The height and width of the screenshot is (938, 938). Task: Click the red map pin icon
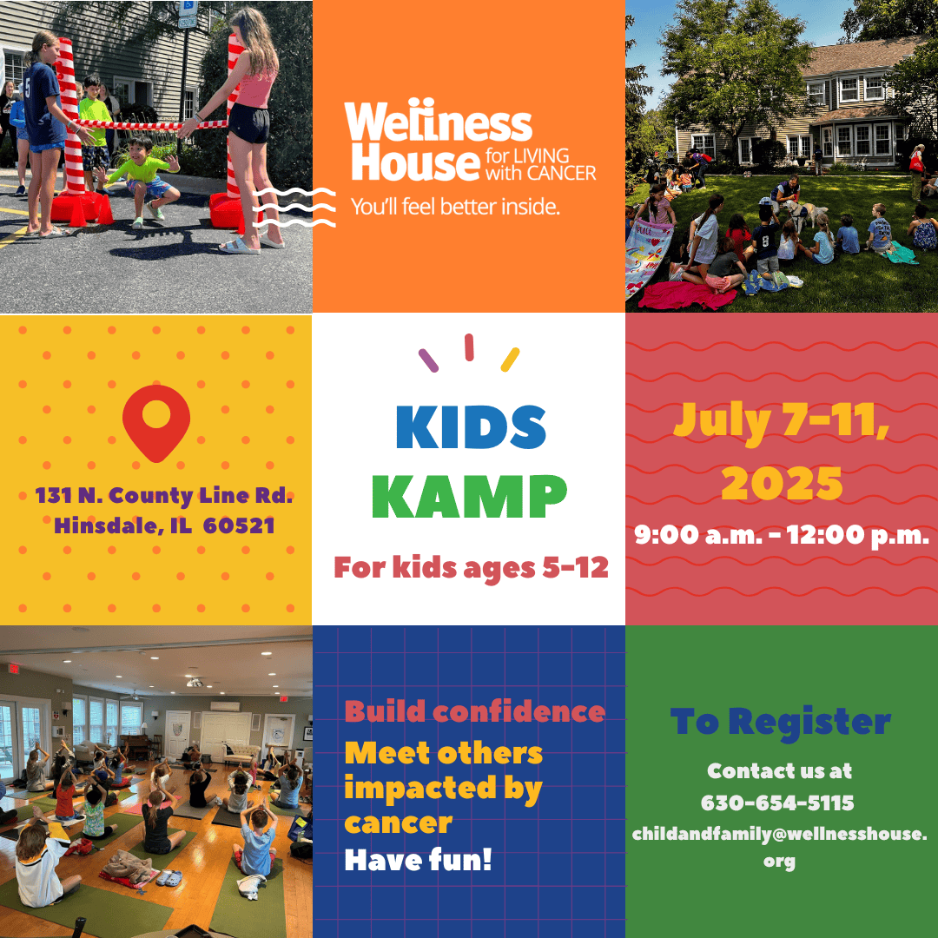click(x=156, y=421)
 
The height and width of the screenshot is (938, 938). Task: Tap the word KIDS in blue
click(x=471, y=427)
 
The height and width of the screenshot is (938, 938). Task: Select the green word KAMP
click(x=473, y=497)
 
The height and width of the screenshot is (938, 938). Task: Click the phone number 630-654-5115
click(x=777, y=803)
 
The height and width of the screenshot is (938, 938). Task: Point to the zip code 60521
click(x=239, y=525)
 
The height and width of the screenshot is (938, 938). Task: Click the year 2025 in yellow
click(x=782, y=484)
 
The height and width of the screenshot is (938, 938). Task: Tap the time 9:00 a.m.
click(x=698, y=534)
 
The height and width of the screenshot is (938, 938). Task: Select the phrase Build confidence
click(x=475, y=712)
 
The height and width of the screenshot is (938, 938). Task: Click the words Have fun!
click(x=418, y=860)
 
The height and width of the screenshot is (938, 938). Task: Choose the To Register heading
click(x=781, y=721)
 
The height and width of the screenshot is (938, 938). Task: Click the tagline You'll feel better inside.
click(x=455, y=207)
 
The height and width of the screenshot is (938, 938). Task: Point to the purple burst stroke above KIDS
click(x=428, y=360)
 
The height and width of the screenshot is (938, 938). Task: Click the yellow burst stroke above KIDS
click(x=511, y=360)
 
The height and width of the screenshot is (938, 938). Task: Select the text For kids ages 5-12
click(x=471, y=567)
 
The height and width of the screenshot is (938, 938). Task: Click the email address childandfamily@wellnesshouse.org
click(x=779, y=847)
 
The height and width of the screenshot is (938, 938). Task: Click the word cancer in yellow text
click(x=398, y=823)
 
